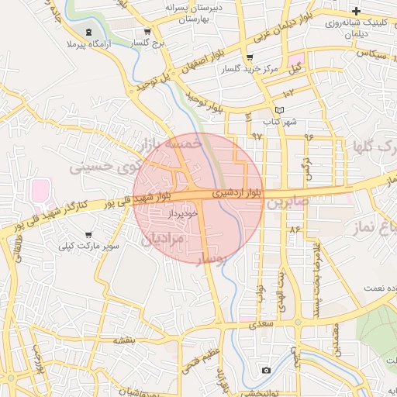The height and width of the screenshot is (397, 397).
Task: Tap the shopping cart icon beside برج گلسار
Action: [x=147, y=32]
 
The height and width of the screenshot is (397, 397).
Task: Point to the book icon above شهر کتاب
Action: [x=280, y=110]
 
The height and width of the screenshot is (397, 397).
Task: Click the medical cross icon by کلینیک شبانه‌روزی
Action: [x=356, y=11]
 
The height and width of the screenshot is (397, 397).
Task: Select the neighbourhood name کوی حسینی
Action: [x=105, y=166]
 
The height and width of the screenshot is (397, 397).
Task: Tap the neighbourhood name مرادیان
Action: [x=164, y=240]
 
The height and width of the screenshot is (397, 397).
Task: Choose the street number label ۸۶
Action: [x=294, y=230]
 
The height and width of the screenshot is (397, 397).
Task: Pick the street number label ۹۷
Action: [x=257, y=136]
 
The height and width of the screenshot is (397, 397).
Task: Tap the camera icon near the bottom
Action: [x=266, y=371]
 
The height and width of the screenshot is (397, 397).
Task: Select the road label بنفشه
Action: [x=125, y=340]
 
